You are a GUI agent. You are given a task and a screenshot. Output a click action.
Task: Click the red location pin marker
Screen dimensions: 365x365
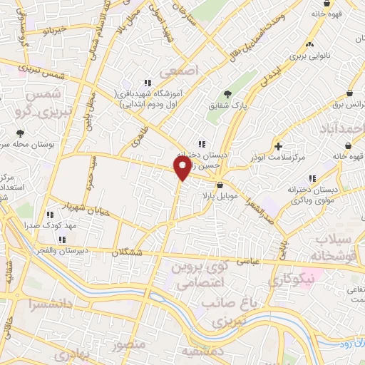point(182,168)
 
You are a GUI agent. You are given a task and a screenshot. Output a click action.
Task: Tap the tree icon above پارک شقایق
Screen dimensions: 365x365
point(227,93)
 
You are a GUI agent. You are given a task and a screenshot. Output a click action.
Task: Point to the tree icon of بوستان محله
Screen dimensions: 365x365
point(20,133)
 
